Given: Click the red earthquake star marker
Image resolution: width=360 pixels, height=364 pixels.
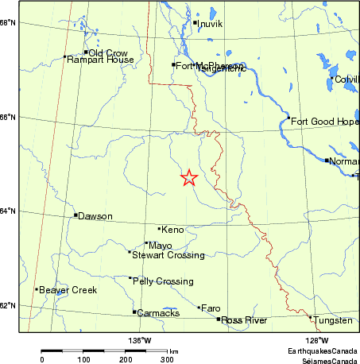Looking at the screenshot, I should point(189,178).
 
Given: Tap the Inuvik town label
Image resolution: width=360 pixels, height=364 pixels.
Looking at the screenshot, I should point(210,24).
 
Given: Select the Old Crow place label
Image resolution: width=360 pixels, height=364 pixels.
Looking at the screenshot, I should point(108,53).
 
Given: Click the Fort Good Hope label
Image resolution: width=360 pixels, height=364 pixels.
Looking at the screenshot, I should point(320,122).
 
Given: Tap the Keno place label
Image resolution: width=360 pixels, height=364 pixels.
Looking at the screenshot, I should point(172,230).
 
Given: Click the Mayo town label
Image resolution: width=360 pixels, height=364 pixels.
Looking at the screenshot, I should point(161,246).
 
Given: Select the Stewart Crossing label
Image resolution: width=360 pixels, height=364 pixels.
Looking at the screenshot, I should point(168,255).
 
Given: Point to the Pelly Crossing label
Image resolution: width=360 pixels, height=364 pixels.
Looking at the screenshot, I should point(163,281).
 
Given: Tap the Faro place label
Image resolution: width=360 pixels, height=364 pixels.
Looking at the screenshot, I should point(211,308).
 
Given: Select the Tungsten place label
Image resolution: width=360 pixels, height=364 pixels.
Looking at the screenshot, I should point(333,320).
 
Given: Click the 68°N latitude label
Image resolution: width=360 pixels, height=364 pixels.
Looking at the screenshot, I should point(8,22).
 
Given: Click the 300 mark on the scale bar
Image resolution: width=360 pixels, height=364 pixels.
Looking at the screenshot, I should point(168,359).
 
